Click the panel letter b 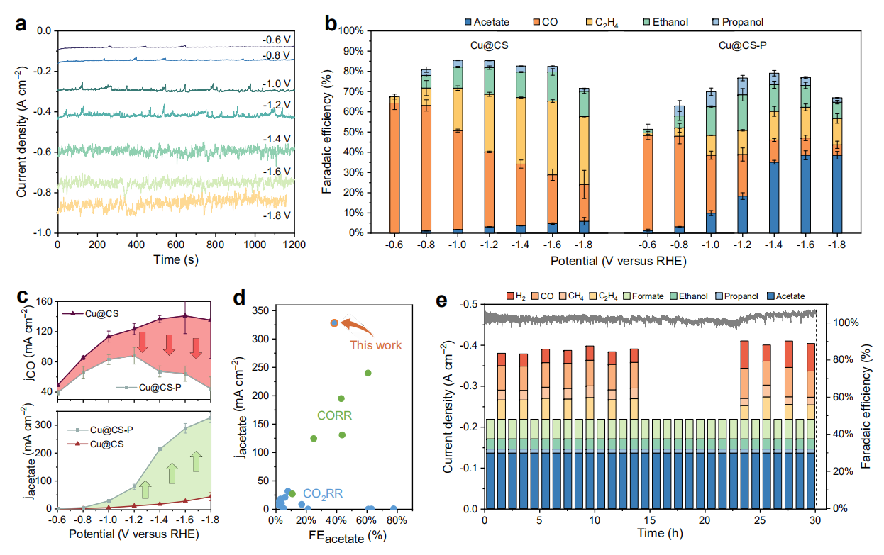(x=331, y=21)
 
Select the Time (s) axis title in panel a (x=175, y=259)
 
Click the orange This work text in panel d (x=375, y=345)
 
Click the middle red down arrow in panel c (x=169, y=345)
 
